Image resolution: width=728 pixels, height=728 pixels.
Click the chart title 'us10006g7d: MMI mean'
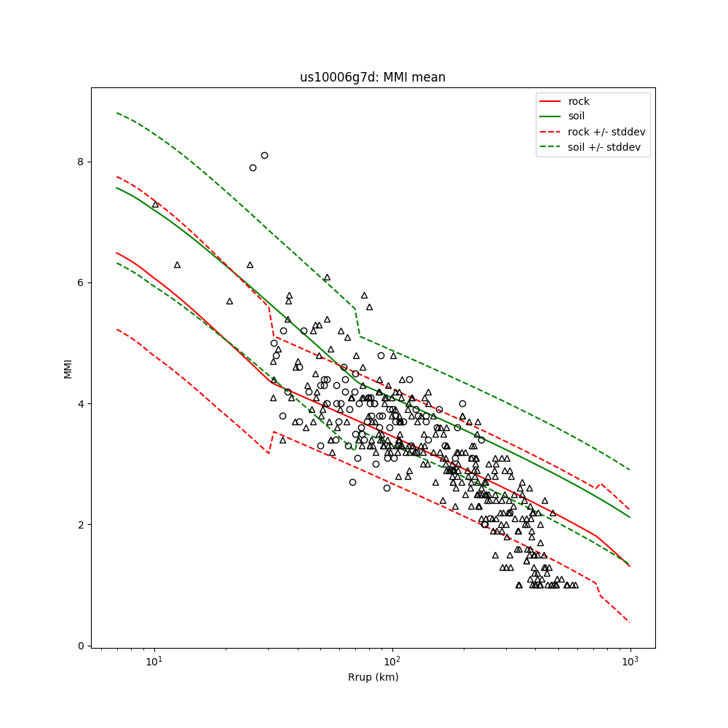click(373, 77)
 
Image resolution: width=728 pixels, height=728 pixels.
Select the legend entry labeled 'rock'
click(579, 101)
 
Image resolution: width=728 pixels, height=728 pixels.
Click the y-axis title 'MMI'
click(68, 368)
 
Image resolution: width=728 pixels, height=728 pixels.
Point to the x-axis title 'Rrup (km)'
click(373, 677)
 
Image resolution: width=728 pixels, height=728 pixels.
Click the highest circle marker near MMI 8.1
click(264, 155)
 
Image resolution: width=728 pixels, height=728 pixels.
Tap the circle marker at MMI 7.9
click(253, 167)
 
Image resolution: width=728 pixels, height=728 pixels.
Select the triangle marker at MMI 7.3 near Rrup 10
click(155, 205)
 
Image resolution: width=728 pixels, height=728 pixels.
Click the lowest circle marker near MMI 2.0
click(485, 524)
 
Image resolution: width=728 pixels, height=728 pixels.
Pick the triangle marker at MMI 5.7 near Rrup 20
click(229, 301)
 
